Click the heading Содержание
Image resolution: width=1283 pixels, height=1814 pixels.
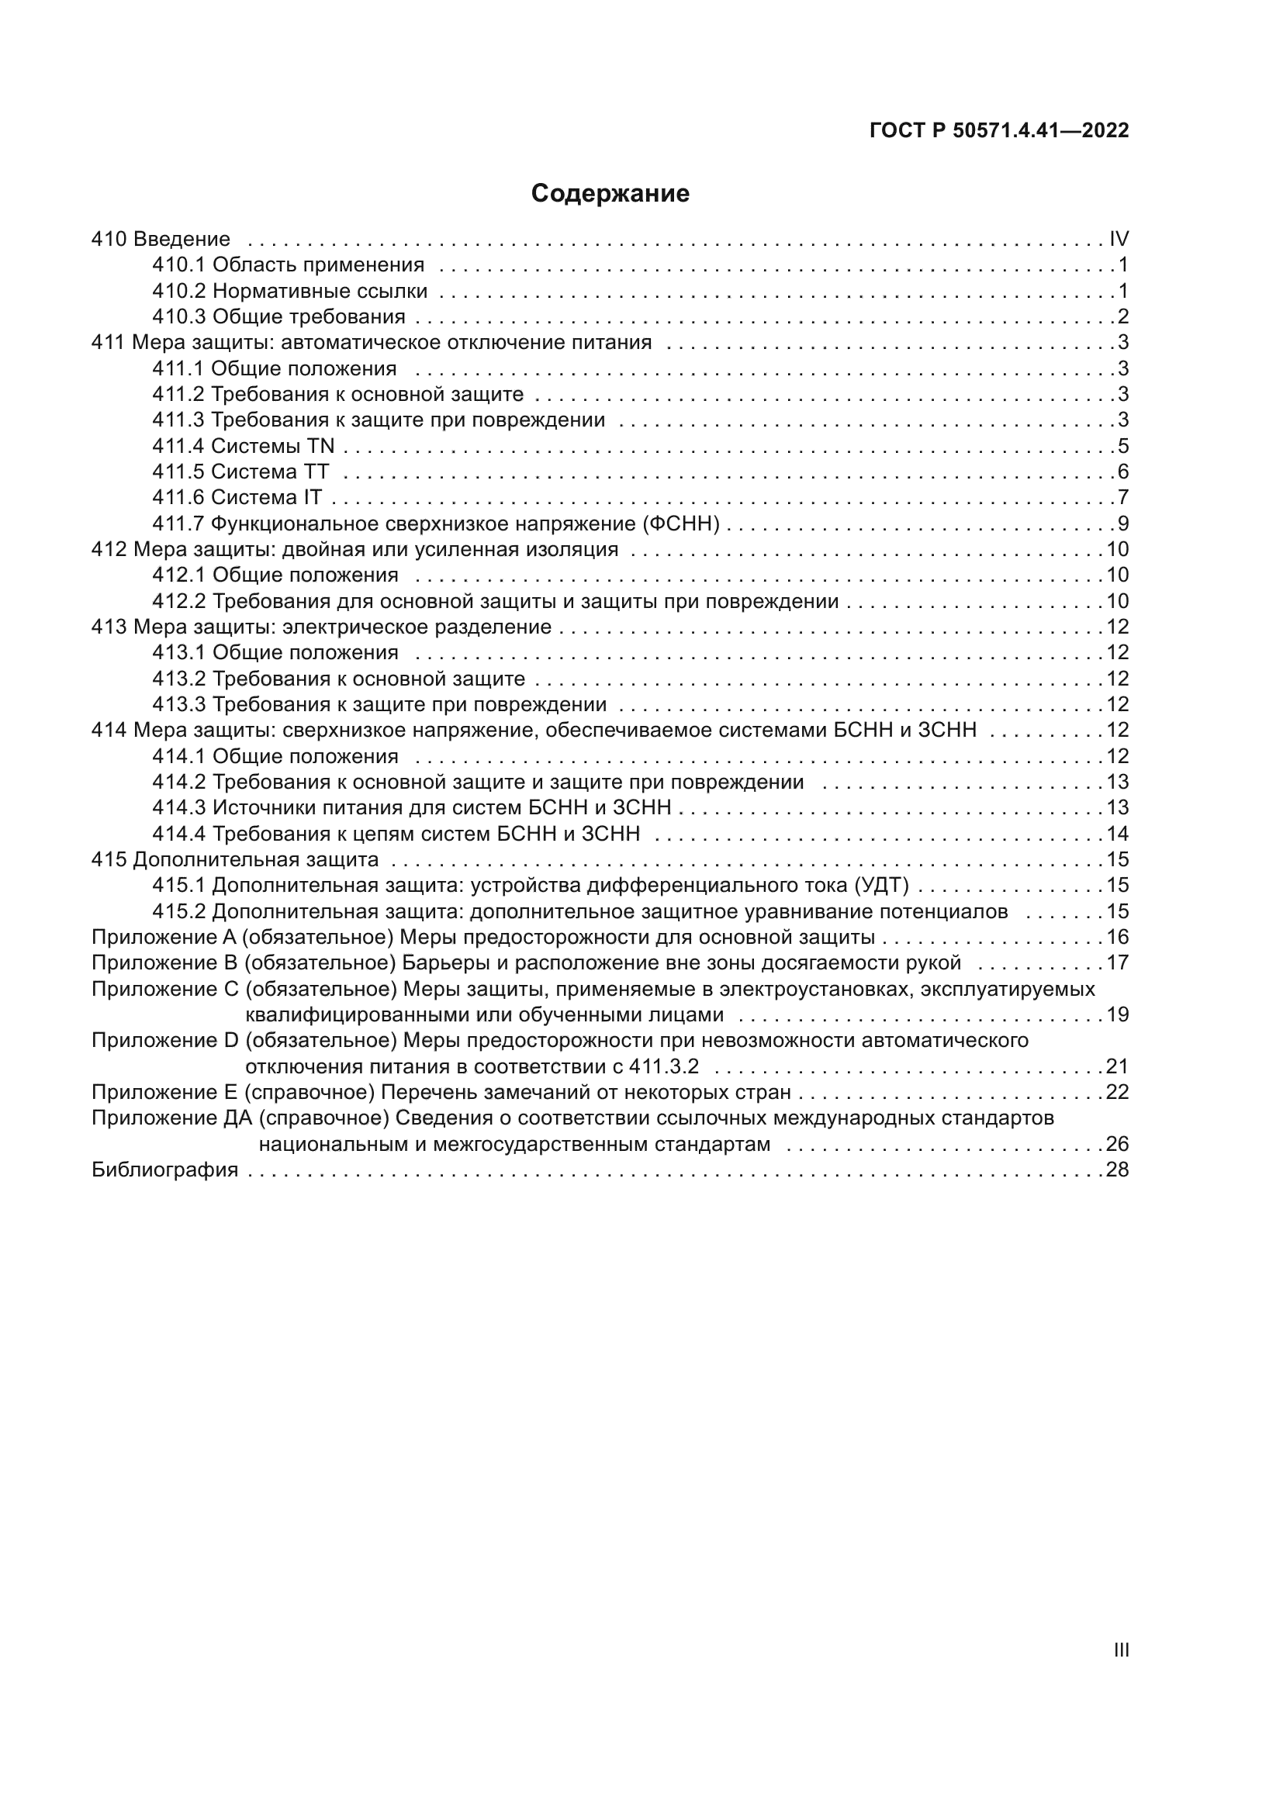coord(610,194)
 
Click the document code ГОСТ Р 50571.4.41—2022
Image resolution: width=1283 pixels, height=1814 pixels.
coord(998,130)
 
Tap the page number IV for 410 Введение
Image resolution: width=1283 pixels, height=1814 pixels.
coord(1119,239)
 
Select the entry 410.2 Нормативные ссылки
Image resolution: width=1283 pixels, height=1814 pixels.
coord(289,291)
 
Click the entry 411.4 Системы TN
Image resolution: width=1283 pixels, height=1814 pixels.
coord(244,446)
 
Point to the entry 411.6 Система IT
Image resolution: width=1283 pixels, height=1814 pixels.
coord(237,497)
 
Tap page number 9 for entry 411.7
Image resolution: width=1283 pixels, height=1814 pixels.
coord(1122,523)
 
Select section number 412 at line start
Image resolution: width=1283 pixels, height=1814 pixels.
coord(109,549)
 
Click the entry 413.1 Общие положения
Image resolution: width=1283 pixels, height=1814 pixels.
coord(275,652)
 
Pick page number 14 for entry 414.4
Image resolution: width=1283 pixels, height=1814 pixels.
coord(1117,834)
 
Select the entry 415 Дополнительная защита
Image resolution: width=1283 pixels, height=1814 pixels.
coord(234,859)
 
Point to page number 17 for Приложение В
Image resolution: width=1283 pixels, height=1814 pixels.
coord(1117,962)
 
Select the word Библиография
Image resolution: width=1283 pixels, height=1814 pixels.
coord(164,1170)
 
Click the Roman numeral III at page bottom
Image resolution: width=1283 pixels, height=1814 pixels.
coord(1120,1650)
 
